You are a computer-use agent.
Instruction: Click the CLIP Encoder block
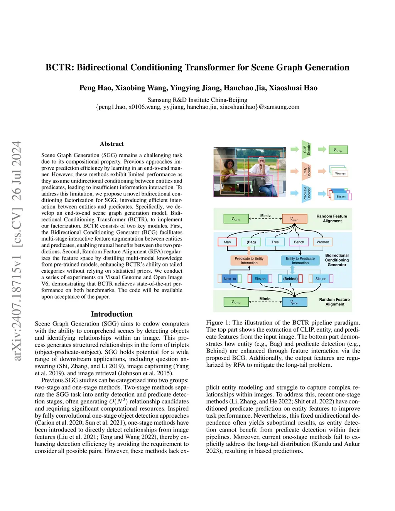pos(306,150)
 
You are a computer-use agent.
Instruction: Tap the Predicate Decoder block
pos(306,193)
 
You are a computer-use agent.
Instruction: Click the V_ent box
pos(294,219)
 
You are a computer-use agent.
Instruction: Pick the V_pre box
pos(294,302)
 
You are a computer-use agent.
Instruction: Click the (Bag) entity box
pos(252,242)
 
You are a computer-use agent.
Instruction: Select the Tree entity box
pos(275,242)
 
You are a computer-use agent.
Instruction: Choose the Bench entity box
pos(299,242)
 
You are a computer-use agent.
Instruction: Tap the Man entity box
pos(227,242)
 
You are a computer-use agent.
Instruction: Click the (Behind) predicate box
pos(290,278)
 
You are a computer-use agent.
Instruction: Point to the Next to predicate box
pos(230,278)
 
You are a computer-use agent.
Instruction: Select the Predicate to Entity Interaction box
pos(249,261)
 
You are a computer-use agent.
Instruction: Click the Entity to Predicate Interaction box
pos(300,261)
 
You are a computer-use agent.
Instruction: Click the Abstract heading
pos(112,144)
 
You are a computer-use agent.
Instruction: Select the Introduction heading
pos(111,314)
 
